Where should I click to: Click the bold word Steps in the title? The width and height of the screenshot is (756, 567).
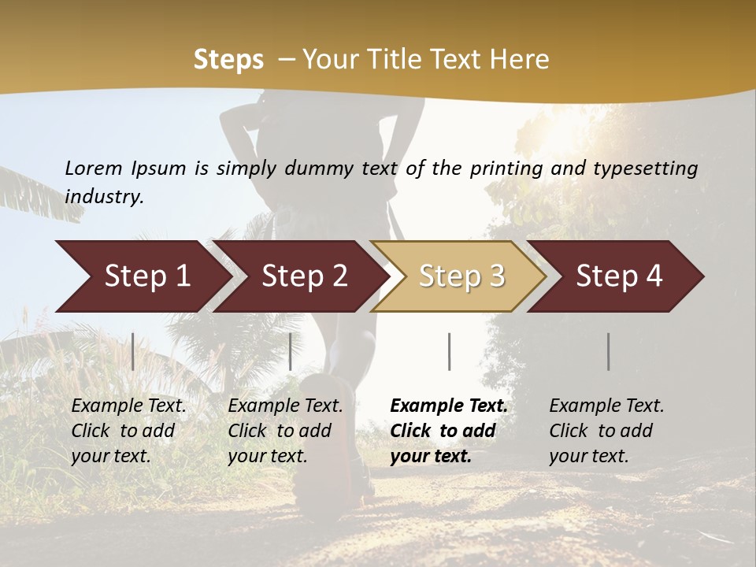(x=228, y=60)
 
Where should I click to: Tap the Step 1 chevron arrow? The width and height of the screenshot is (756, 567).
(x=142, y=276)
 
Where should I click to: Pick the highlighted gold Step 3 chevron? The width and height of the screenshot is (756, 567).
(x=461, y=276)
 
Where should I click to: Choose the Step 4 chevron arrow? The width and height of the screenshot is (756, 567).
(x=618, y=276)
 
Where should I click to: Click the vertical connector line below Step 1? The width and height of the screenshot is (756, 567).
(x=133, y=351)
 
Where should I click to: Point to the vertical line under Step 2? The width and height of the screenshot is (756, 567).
(x=291, y=351)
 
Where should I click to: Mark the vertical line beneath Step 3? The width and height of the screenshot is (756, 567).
(x=449, y=351)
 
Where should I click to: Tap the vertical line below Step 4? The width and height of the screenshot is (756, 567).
(x=609, y=351)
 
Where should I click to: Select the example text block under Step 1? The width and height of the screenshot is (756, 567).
(x=128, y=431)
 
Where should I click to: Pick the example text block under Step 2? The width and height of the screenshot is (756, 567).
(x=285, y=431)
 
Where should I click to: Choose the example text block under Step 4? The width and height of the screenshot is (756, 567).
(x=606, y=431)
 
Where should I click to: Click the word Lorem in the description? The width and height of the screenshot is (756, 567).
(x=94, y=168)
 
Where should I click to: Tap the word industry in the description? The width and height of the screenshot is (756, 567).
(x=104, y=196)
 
